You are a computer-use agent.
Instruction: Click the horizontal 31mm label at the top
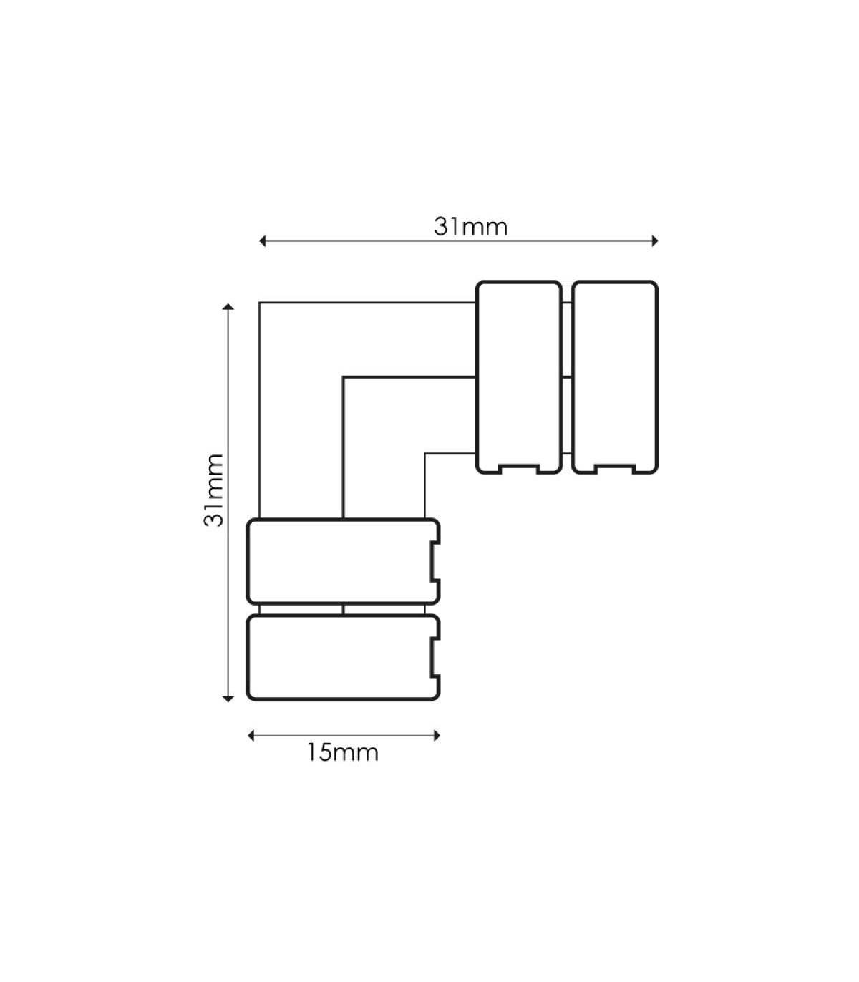(x=470, y=227)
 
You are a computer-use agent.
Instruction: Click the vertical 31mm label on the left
(x=213, y=490)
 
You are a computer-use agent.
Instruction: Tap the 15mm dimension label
(x=343, y=752)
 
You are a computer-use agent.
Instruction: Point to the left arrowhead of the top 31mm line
(x=262, y=241)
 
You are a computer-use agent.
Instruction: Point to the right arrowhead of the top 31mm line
(x=655, y=241)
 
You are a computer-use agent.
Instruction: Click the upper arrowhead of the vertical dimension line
(x=228, y=306)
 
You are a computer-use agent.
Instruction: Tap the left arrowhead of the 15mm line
(x=251, y=735)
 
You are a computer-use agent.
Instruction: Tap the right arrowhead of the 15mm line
(x=437, y=735)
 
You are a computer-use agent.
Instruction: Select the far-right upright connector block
(x=615, y=377)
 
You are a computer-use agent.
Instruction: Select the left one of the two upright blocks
(x=519, y=377)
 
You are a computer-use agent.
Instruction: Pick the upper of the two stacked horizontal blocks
(x=344, y=561)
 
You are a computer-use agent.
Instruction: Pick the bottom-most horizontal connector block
(x=344, y=657)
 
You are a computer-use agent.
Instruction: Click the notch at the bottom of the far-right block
(x=615, y=469)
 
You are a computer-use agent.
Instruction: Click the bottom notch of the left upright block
(x=519, y=469)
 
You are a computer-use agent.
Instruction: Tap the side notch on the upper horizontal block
(x=435, y=561)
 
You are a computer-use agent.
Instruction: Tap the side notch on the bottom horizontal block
(x=435, y=657)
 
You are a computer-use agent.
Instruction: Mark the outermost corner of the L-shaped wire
(x=259, y=302)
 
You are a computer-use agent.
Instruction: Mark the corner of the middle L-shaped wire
(x=343, y=377)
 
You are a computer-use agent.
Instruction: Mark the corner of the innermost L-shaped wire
(x=424, y=452)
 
